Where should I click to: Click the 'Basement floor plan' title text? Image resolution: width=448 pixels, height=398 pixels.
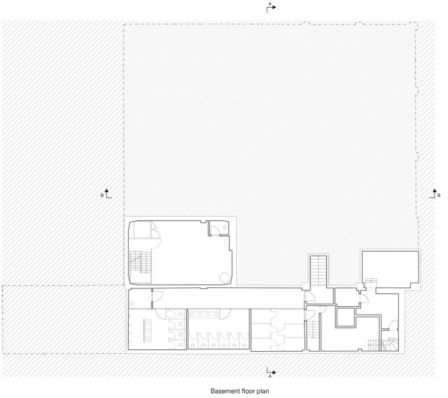click(x=240, y=391)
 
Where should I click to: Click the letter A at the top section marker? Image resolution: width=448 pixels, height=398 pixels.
click(x=269, y=3)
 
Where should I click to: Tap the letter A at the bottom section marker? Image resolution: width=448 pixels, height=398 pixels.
click(x=269, y=376)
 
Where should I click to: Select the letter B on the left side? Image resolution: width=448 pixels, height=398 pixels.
click(x=102, y=195)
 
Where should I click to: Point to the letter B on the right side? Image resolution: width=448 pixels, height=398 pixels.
click(x=439, y=195)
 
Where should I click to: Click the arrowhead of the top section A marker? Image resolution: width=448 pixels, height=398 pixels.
click(x=275, y=8)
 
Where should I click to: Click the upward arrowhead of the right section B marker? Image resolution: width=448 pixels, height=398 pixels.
click(x=435, y=190)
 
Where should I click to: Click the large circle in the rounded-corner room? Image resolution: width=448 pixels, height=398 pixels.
click(x=225, y=278)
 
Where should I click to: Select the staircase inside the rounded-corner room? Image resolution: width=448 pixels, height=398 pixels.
click(x=140, y=262)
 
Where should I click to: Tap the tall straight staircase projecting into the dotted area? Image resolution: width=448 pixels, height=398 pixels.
click(x=318, y=270)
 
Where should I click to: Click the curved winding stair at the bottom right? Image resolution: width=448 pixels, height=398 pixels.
click(x=389, y=344)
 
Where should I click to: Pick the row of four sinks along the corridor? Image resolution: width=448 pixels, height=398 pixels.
click(x=204, y=315)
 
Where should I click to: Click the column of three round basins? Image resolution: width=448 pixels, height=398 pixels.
click(x=148, y=331)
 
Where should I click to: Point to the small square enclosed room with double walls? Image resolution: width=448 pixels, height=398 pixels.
click(x=346, y=317)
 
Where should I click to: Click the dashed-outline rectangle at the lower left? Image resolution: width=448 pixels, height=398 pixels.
click(x=64, y=319)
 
